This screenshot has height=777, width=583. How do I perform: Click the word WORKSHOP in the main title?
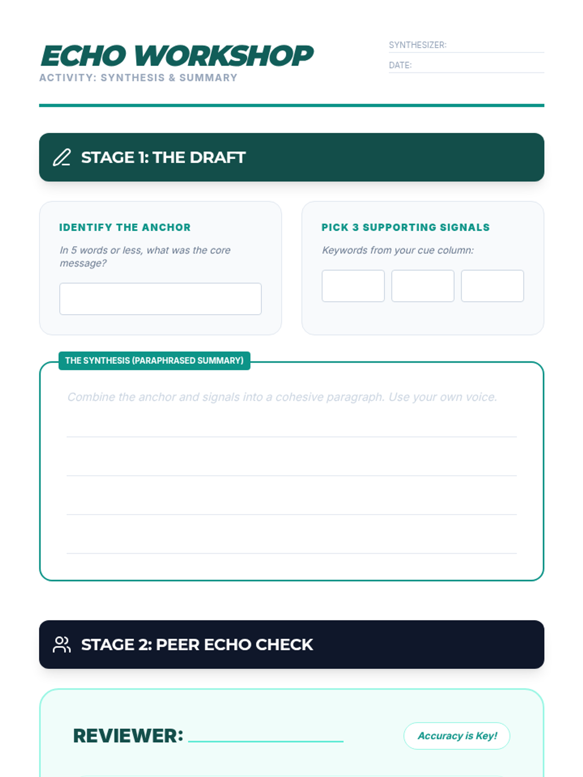(223, 56)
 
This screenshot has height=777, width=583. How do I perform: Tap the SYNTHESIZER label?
(417, 45)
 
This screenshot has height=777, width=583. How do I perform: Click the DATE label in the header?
(400, 65)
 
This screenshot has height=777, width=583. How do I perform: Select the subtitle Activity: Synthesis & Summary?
(138, 78)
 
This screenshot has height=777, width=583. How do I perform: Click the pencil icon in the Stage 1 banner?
(62, 157)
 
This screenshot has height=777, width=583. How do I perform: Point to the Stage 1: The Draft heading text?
(163, 157)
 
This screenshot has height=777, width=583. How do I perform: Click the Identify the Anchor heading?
(124, 227)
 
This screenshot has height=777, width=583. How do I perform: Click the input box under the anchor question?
(160, 299)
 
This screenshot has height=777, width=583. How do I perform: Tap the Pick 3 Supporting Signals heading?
(405, 227)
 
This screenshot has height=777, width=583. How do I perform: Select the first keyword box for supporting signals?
(353, 286)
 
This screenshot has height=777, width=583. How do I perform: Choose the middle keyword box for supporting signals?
(423, 286)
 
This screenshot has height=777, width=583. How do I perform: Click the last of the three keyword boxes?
(492, 286)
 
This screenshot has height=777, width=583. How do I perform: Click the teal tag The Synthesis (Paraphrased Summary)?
(154, 361)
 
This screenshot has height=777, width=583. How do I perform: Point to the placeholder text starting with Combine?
(282, 397)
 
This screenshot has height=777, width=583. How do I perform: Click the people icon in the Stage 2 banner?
(62, 644)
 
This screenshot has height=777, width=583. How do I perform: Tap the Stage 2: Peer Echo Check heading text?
(197, 644)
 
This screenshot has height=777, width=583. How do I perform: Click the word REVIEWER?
(128, 736)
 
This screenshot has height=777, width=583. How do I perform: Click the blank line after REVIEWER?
(266, 741)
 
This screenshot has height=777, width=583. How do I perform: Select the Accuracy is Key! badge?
(457, 736)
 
